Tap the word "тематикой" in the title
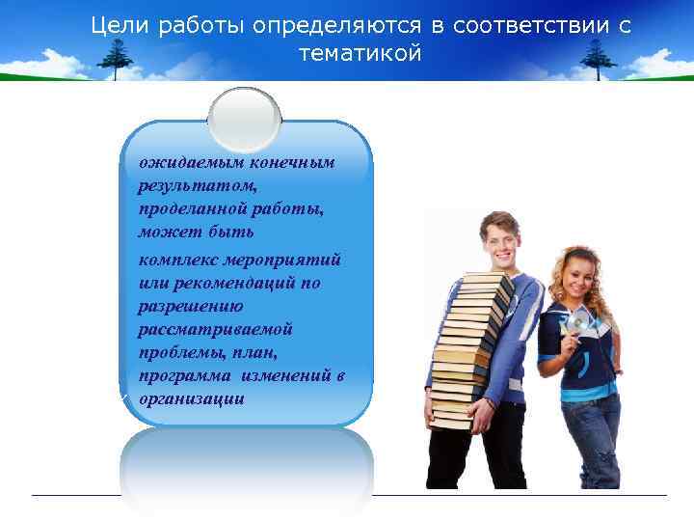click(360, 54)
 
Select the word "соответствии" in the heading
click(516, 25)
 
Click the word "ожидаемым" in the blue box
click(184, 162)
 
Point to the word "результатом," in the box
click(183, 185)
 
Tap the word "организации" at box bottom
click(191, 398)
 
